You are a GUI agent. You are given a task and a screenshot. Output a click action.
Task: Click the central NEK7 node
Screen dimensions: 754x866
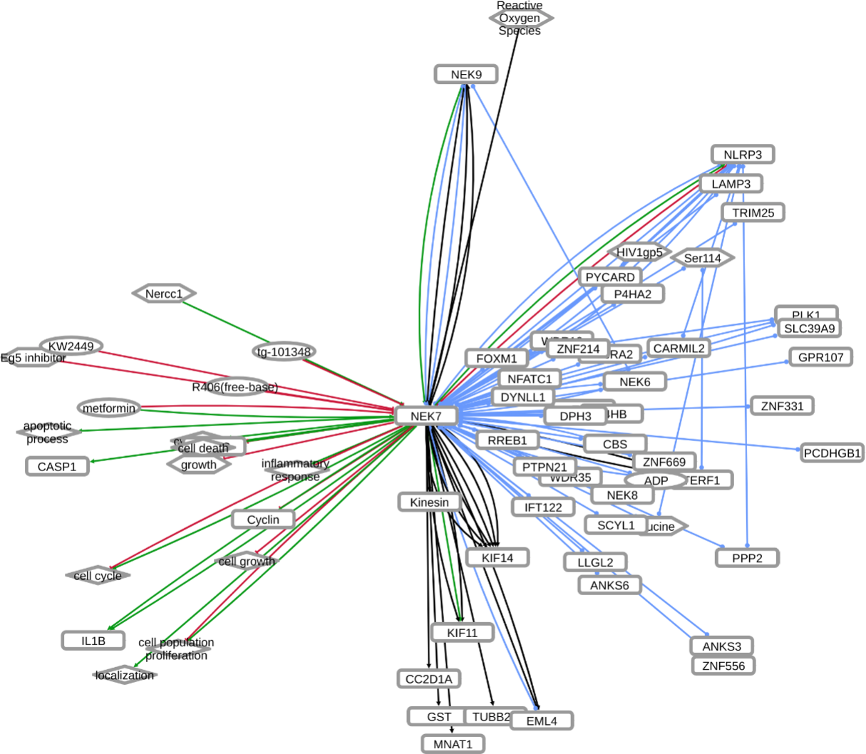click(x=426, y=416)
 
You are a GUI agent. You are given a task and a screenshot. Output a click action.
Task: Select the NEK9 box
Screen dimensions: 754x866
click(x=466, y=74)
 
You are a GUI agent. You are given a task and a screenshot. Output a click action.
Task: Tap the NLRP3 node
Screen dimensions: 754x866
click(x=742, y=155)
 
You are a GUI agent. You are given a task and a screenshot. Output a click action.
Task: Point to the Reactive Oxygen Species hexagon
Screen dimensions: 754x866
click(x=520, y=18)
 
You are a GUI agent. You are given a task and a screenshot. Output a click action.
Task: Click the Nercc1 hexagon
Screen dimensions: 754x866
click(x=164, y=294)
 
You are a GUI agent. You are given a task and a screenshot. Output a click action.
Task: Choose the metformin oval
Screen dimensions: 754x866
click(x=109, y=408)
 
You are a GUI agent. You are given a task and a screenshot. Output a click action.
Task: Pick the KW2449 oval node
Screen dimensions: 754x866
click(x=71, y=346)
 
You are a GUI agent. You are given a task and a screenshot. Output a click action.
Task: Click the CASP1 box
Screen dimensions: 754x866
click(x=57, y=467)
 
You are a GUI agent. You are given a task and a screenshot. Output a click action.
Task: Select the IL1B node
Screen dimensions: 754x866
click(x=93, y=641)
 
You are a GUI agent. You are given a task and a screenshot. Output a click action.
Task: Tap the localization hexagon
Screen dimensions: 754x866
click(x=125, y=675)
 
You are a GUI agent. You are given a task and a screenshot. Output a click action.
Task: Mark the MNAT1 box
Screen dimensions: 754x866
click(x=453, y=744)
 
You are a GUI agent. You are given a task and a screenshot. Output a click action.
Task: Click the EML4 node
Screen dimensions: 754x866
click(x=542, y=721)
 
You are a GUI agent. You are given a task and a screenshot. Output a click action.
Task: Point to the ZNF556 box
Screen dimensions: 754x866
click(x=723, y=666)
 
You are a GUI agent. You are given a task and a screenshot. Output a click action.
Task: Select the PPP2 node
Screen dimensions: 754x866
click(x=747, y=558)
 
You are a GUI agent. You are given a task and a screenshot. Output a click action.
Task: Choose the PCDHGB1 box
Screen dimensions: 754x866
click(x=833, y=453)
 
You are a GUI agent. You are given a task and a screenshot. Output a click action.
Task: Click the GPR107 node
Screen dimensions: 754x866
click(x=820, y=357)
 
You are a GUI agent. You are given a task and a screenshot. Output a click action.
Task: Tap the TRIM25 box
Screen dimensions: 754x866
click(x=753, y=212)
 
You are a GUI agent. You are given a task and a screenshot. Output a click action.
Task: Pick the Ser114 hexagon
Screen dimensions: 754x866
click(x=703, y=258)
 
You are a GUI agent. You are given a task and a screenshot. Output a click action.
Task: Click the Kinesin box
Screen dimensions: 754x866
click(x=430, y=502)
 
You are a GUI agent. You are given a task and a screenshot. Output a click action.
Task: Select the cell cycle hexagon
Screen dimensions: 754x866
click(x=98, y=576)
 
